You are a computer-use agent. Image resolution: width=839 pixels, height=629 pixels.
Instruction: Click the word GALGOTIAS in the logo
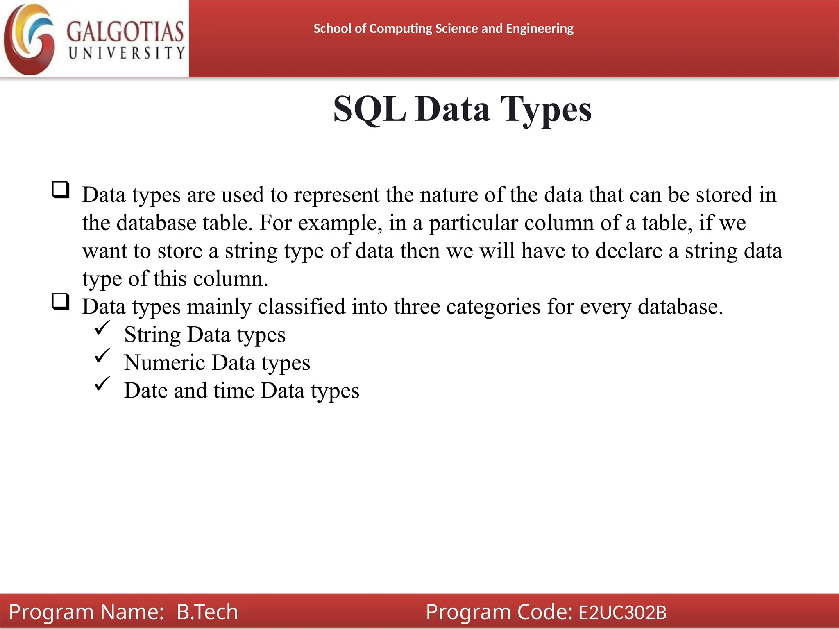pyautogui.click(x=125, y=32)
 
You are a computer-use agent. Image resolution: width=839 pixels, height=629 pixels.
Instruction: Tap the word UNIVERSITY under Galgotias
pyautogui.click(x=127, y=53)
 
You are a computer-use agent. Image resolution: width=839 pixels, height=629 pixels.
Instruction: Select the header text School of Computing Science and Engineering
pyautogui.click(x=443, y=29)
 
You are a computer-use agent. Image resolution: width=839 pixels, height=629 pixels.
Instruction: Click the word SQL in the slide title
pyautogui.click(x=369, y=109)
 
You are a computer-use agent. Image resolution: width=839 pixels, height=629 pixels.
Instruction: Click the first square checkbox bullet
pyautogui.click(x=61, y=190)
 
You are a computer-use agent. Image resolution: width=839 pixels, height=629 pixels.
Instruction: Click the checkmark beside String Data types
pyautogui.click(x=102, y=328)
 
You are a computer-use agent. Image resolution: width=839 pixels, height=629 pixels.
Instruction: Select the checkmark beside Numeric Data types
pyautogui.click(x=102, y=356)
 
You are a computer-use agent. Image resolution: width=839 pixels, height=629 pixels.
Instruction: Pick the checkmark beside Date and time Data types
pyautogui.click(x=102, y=384)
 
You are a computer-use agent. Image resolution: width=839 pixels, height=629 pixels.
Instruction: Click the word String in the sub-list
pyautogui.click(x=152, y=335)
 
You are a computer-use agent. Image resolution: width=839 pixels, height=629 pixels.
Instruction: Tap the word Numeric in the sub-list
pyautogui.click(x=165, y=362)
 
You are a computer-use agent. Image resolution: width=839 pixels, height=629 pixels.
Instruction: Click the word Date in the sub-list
pyautogui.click(x=145, y=390)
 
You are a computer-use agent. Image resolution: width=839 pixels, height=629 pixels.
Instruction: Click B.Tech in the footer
pyautogui.click(x=207, y=612)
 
